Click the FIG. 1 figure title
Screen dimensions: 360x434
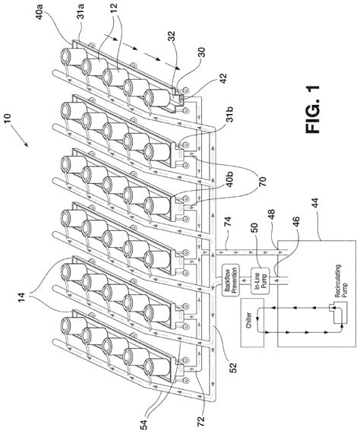click(x=313, y=109)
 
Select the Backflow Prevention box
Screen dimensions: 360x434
click(x=231, y=280)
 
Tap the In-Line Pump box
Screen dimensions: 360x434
click(x=260, y=280)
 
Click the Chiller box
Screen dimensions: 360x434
click(x=252, y=322)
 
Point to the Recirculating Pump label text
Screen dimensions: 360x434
click(x=340, y=281)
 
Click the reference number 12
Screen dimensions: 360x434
click(x=113, y=8)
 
